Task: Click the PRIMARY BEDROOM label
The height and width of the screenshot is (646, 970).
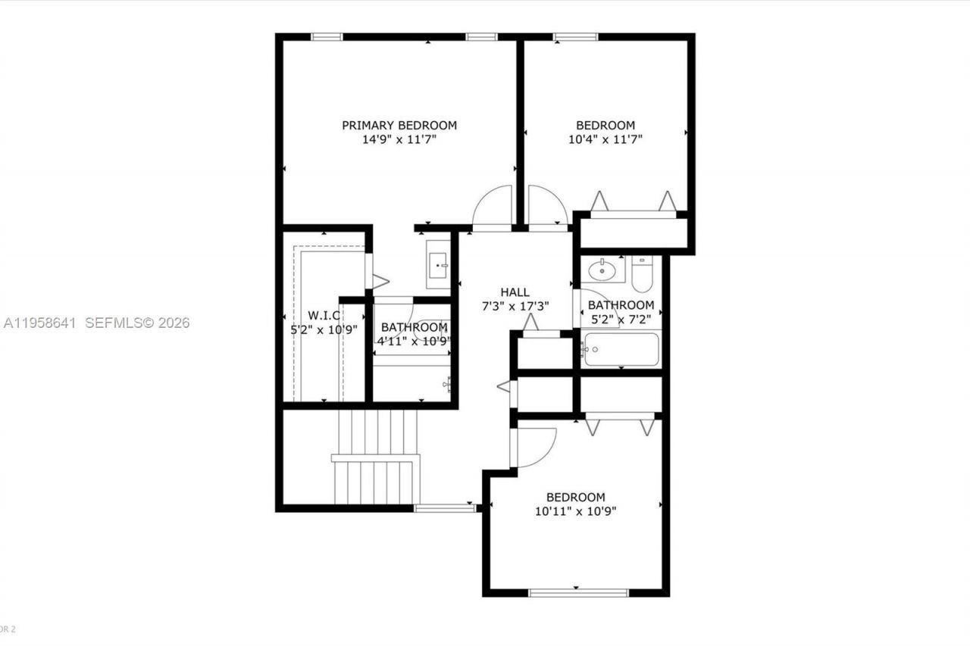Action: coord(399,125)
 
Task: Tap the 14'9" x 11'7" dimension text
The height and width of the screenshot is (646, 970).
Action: coord(399,139)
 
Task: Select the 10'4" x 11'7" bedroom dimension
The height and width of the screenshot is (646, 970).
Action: coord(605,139)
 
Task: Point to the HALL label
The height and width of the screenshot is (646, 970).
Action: coord(515,292)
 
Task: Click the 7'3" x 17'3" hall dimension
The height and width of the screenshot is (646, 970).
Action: coord(515,306)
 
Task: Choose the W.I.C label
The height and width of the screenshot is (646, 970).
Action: coord(324,315)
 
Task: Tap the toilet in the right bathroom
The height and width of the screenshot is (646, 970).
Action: coord(642,274)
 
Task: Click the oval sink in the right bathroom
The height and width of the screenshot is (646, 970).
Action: coord(602,269)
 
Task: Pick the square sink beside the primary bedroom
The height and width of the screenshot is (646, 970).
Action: coord(439,265)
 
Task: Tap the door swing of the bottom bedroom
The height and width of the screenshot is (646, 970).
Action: coord(537,447)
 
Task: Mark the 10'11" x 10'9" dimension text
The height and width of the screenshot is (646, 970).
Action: coord(576,511)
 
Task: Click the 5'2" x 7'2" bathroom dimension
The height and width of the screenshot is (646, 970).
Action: coord(622,320)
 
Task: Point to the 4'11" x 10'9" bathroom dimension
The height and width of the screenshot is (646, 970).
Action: coord(414,341)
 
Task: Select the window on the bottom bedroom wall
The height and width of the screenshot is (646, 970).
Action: coord(578,592)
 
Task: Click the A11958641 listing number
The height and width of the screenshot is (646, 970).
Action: coord(40,323)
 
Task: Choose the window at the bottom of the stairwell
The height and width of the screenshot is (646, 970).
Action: coord(445,508)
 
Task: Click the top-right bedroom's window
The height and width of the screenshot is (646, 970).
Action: coord(575,36)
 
